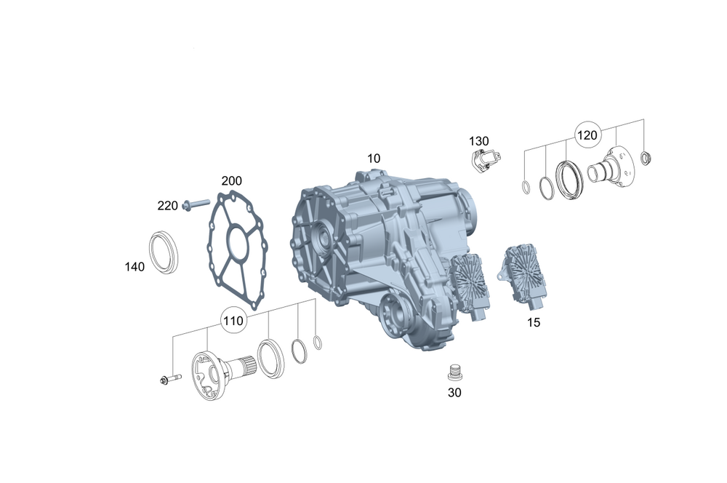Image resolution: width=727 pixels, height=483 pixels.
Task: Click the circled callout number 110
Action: (x=233, y=321)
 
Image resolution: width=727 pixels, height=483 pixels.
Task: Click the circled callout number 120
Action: (x=587, y=135)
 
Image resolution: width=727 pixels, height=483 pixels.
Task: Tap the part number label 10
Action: (x=374, y=159)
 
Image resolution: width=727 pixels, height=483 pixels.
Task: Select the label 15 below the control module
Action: (x=534, y=322)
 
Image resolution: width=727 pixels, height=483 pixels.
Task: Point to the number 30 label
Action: (x=454, y=393)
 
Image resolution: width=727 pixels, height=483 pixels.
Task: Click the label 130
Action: (x=478, y=141)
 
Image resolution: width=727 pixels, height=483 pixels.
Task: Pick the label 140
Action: (x=134, y=267)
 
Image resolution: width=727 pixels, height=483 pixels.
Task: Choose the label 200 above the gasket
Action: (x=231, y=181)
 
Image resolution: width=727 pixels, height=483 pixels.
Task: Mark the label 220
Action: (x=167, y=206)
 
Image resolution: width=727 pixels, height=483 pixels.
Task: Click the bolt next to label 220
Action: (x=196, y=204)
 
